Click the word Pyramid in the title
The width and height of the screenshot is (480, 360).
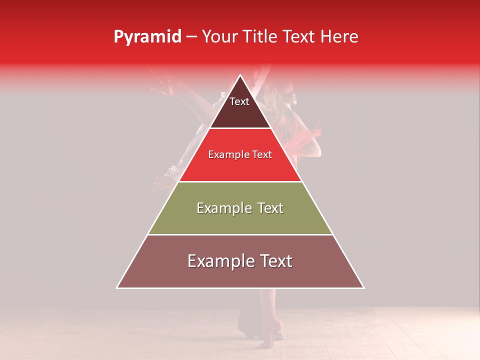click(x=147, y=37)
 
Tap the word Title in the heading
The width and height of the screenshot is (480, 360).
click(x=261, y=37)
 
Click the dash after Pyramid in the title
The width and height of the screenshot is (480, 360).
click(x=191, y=37)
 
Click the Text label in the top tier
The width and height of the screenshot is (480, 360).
click(x=239, y=101)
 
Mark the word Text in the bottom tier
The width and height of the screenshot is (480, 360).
click(x=274, y=261)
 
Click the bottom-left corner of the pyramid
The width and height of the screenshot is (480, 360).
click(x=117, y=287)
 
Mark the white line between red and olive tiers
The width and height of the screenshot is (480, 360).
click(x=240, y=181)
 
